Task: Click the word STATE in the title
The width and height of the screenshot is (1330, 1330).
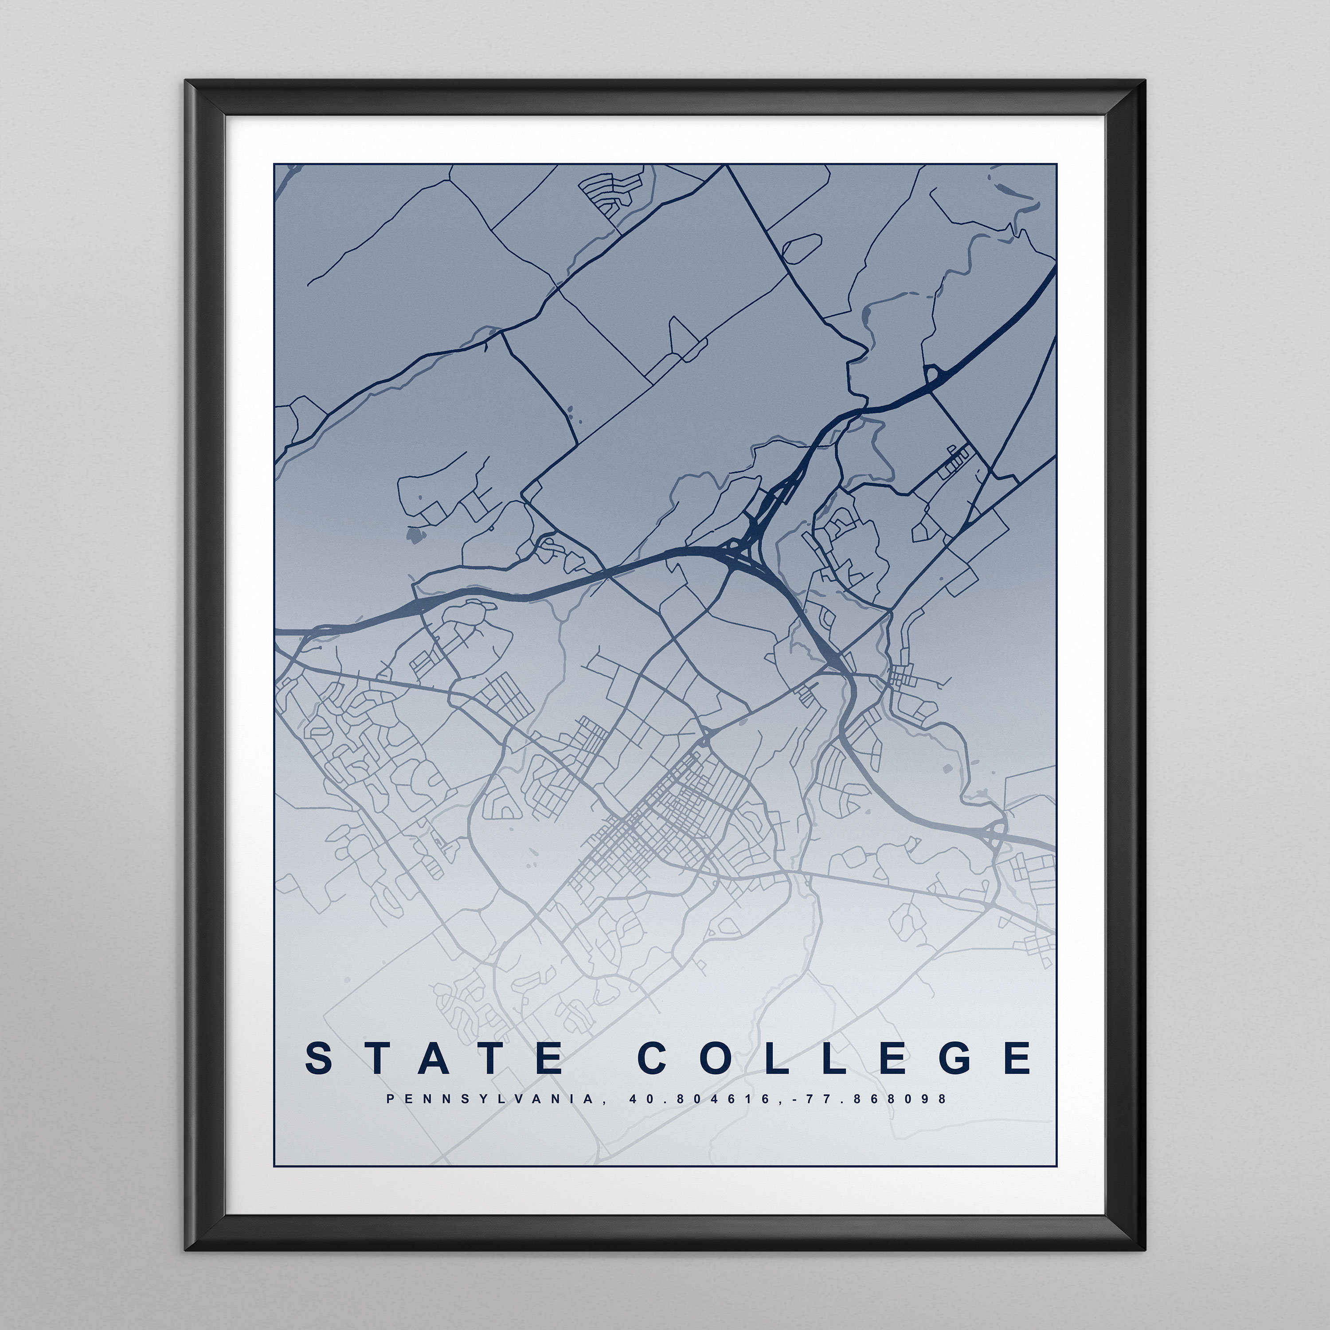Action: pyautogui.click(x=434, y=1059)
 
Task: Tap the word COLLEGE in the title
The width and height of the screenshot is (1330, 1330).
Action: pyautogui.click(x=835, y=1059)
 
